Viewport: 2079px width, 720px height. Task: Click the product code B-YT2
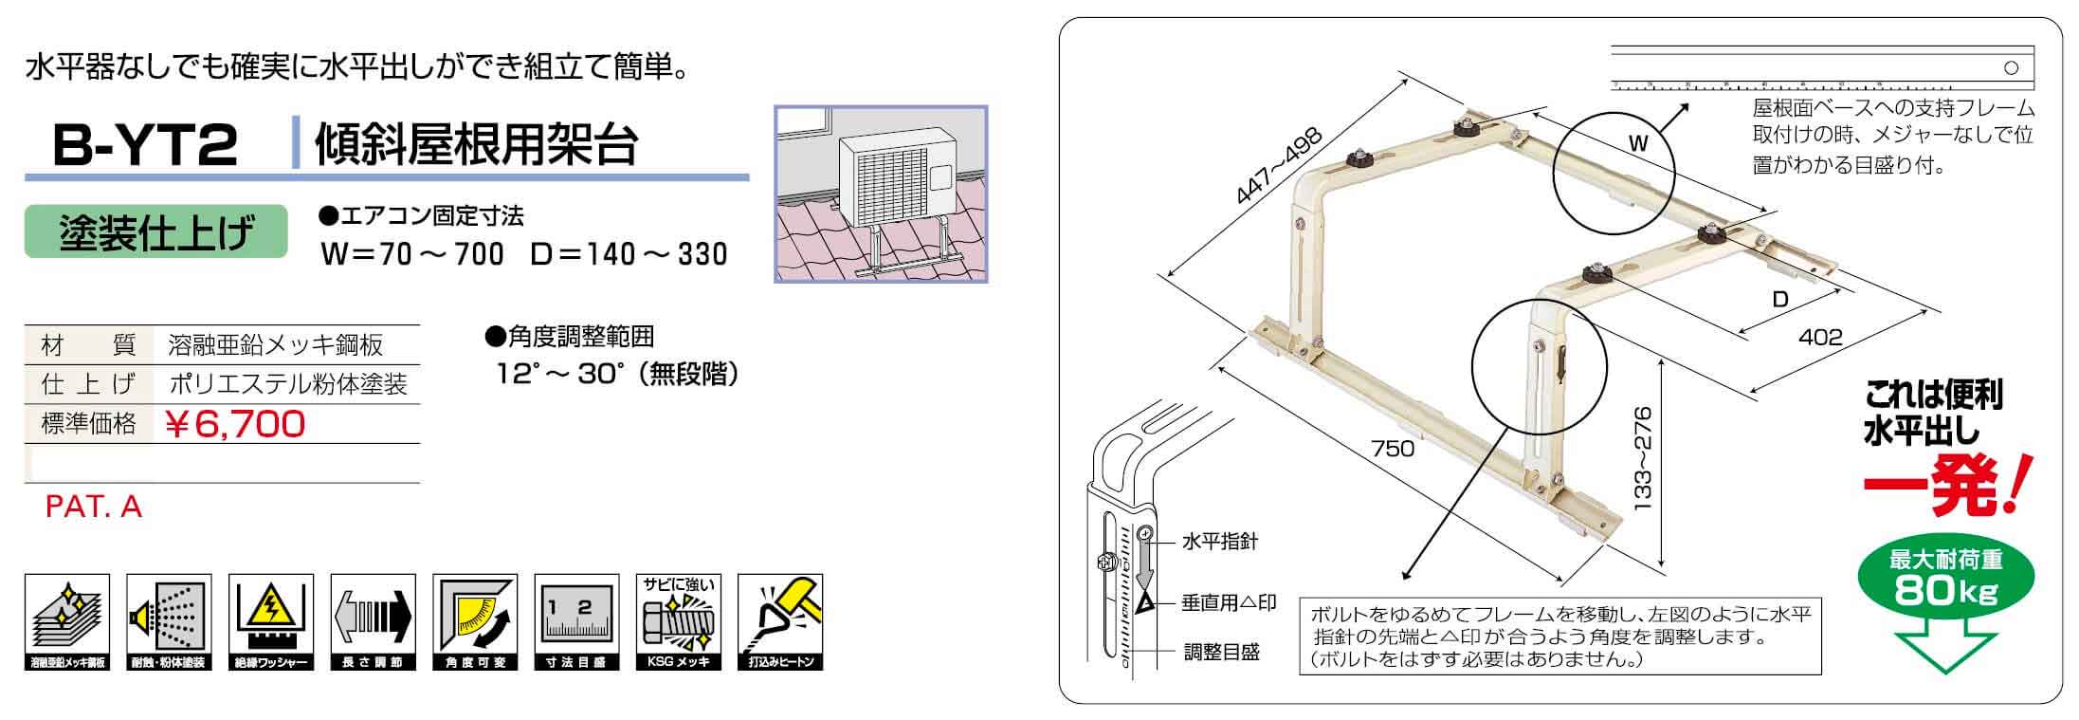pos(145,147)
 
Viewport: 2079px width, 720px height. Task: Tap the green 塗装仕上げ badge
pos(155,231)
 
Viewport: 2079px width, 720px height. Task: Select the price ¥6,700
pos(235,423)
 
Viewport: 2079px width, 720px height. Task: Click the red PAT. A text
pos(94,508)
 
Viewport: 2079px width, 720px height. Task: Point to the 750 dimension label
pos(1392,448)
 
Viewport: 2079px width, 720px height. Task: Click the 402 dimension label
pos(1819,337)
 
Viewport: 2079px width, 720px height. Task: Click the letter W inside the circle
pos(1638,144)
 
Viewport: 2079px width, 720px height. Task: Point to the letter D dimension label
pos(1780,300)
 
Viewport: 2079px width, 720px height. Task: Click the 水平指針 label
pos(1219,542)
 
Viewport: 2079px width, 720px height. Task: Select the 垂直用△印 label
pos(1229,602)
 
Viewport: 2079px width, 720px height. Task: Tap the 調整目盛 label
pos(1221,653)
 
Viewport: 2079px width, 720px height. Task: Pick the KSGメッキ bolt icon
pos(678,622)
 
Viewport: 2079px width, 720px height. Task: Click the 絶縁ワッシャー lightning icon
pos(271,622)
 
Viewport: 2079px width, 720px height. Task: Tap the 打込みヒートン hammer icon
pos(780,622)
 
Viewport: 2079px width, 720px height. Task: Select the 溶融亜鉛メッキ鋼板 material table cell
pos(276,344)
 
